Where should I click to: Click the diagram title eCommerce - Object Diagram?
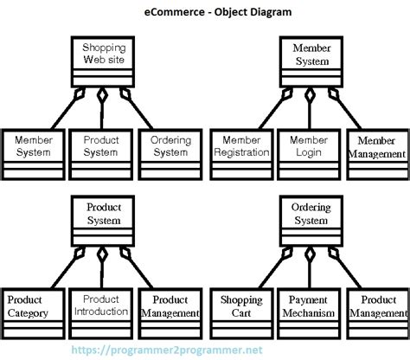click(204, 13)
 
